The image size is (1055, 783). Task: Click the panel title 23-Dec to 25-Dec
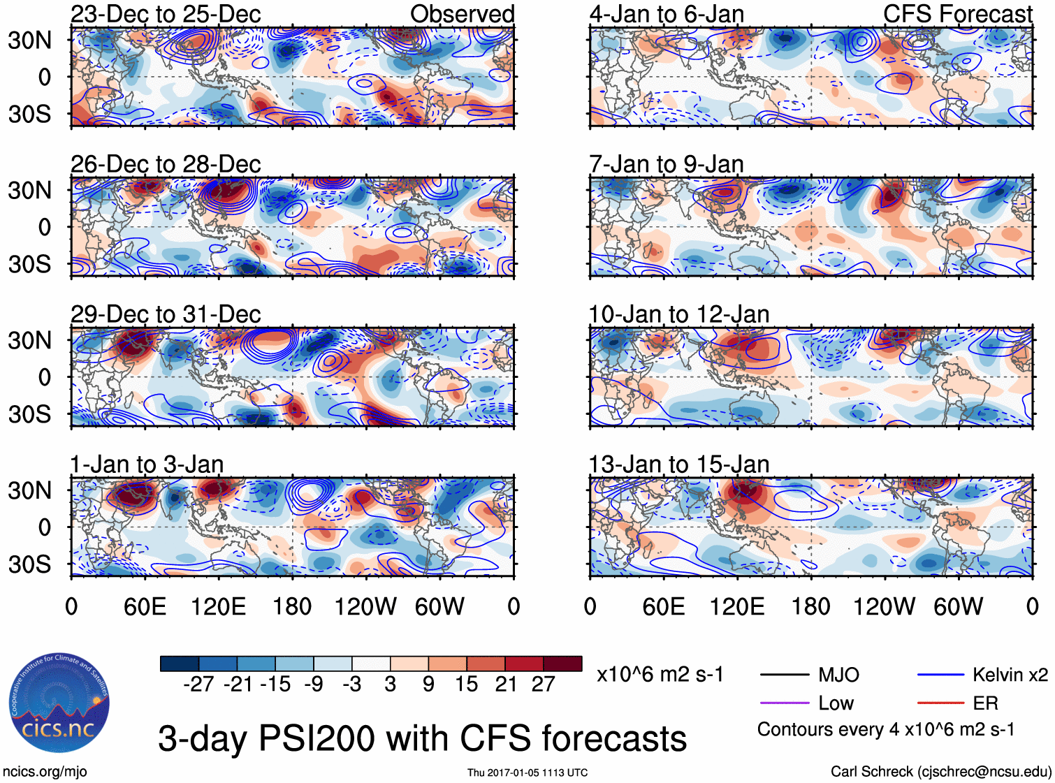click(x=166, y=14)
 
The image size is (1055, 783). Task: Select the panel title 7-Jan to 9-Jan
click(x=666, y=164)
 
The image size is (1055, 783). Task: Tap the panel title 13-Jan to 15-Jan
click(x=678, y=464)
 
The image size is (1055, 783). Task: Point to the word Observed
click(x=462, y=14)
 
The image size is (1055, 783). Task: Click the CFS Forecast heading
click(x=957, y=14)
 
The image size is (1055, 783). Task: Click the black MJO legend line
click(x=784, y=675)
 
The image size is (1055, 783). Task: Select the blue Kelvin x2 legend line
click(x=940, y=675)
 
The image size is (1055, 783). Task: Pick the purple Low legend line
click(x=784, y=703)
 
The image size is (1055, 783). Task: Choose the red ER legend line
click(x=940, y=703)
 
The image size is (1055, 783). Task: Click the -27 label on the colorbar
click(x=198, y=685)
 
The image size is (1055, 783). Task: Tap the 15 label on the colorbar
click(x=466, y=685)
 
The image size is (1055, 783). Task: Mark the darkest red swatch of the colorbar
click(x=562, y=664)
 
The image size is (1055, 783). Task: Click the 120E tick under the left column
click(x=218, y=606)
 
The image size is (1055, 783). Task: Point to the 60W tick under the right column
click(x=958, y=606)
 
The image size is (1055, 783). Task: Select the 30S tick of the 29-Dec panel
click(x=29, y=414)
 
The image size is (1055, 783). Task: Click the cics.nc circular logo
click(x=59, y=703)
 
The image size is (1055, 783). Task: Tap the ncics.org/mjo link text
click(x=45, y=772)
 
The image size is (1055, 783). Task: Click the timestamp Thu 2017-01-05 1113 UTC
click(x=527, y=773)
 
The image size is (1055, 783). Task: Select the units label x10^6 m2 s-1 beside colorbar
click(x=660, y=675)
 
